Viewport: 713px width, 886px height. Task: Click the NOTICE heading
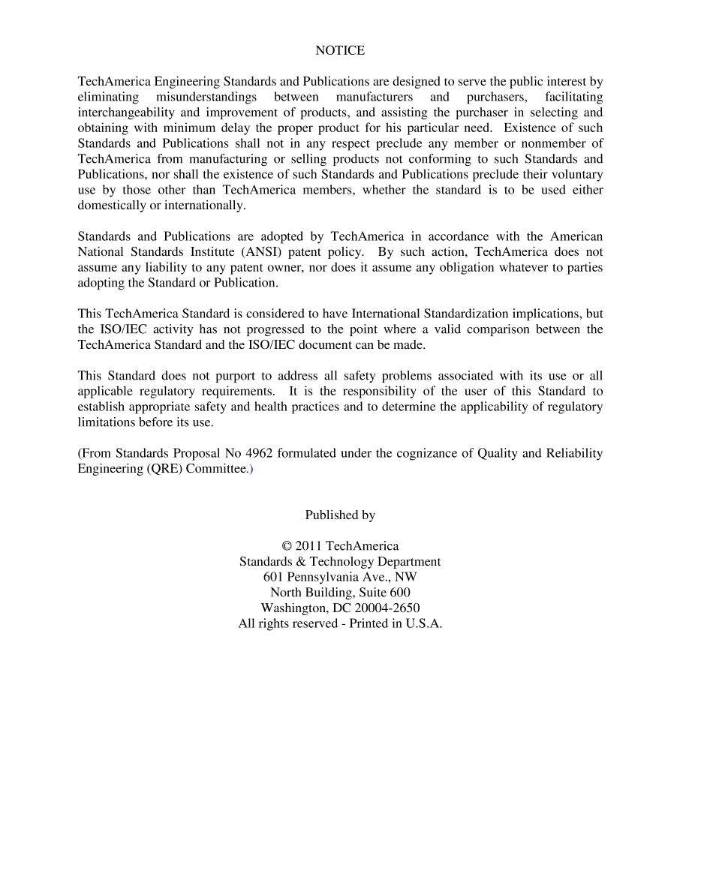pos(340,51)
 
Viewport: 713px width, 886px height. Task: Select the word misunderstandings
pos(206,98)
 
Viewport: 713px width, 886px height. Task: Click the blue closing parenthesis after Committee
pos(251,470)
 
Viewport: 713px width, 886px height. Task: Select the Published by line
pos(340,515)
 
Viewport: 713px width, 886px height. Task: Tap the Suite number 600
pos(400,593)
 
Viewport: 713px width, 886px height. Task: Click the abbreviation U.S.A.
pos(424,624)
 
